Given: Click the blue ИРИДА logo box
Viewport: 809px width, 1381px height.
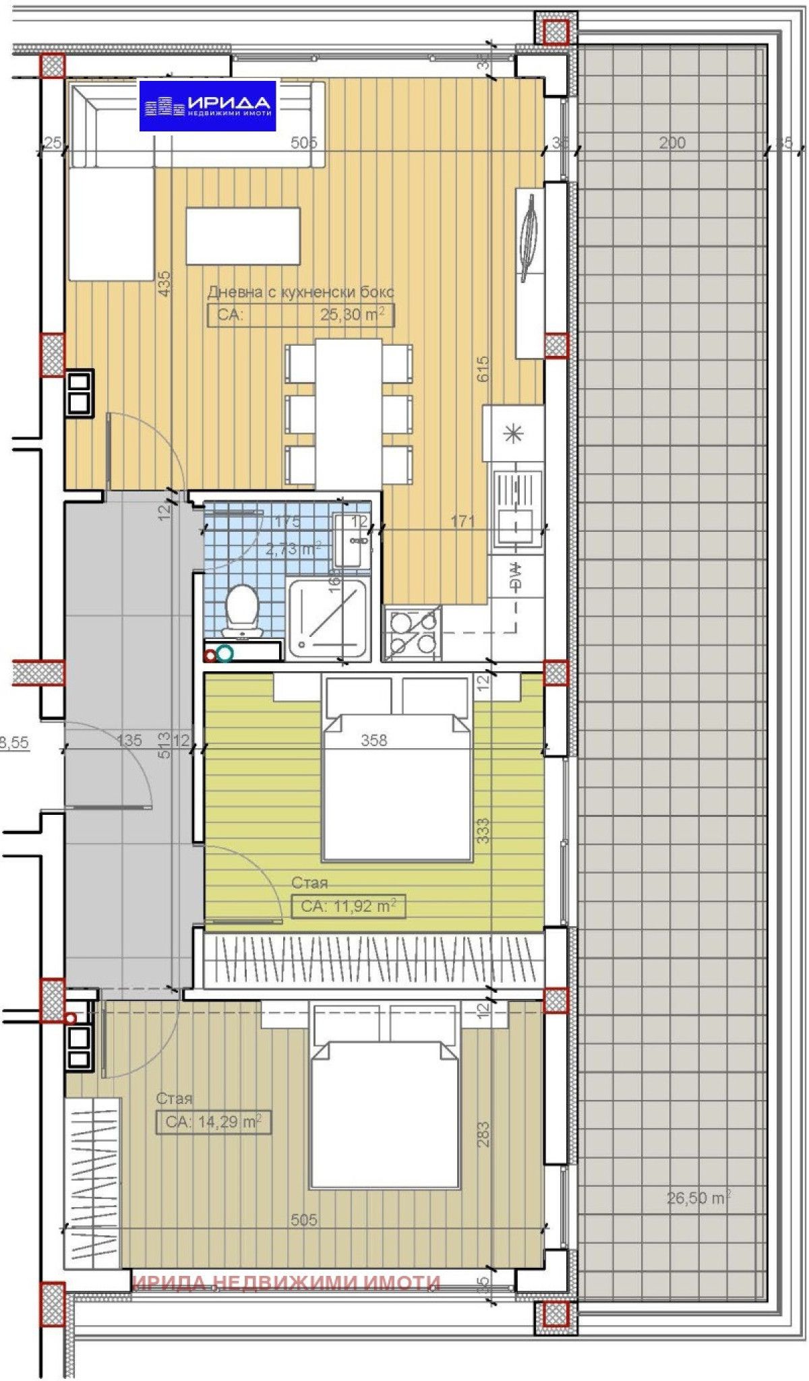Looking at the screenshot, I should coord(208,106).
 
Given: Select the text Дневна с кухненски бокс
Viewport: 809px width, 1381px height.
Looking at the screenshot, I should coord(301,293).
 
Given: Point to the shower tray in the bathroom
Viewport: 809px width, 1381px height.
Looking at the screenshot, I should coord(328,619).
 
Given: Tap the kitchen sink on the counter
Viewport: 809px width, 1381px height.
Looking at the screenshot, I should coord(518,508).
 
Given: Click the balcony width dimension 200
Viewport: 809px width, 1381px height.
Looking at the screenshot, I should coord(672,142).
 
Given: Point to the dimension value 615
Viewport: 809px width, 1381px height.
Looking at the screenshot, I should coord(483,370).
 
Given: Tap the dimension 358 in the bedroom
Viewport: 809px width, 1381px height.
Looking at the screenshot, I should coord(374,741).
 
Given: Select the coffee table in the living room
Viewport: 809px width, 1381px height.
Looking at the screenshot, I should coord(243,236).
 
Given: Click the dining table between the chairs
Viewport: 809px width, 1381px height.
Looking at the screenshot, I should coord(349,413).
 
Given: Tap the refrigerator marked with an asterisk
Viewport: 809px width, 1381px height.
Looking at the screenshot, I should coord(514,433).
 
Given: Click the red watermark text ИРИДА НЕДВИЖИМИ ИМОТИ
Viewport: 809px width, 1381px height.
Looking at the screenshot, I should coord(287,1283).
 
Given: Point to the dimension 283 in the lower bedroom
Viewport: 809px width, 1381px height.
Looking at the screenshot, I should coord(483,1134).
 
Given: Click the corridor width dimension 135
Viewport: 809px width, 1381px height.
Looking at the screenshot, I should coord(129,741).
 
